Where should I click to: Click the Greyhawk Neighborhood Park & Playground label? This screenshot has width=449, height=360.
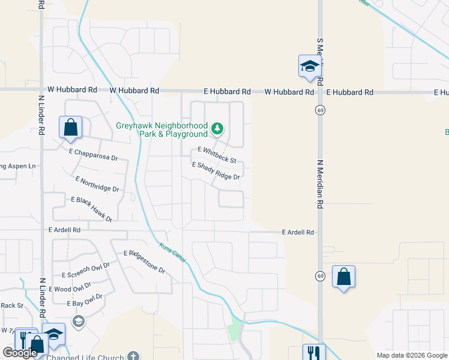coord(161,130)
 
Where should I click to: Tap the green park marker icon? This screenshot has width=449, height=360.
coord(217,128)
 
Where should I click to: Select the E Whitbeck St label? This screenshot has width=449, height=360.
coord(217,155)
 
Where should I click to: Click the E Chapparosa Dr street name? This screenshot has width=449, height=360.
coord(93,154)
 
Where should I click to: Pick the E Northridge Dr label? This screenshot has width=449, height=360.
coord(98,184)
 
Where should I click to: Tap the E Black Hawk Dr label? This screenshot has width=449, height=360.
coord(92,209)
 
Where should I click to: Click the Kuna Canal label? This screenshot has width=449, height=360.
coord(172,253)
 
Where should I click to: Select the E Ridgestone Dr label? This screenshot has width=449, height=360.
coord(144,262)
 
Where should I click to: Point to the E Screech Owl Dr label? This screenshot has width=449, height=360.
coord(86,270)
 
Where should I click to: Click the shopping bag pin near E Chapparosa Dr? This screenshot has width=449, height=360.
coord(70,127)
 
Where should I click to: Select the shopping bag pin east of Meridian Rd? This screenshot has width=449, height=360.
coord(343,277)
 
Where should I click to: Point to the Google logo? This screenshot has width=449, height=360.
coord(20,353)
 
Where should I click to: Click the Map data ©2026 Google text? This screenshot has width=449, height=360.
coord(411,355)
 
